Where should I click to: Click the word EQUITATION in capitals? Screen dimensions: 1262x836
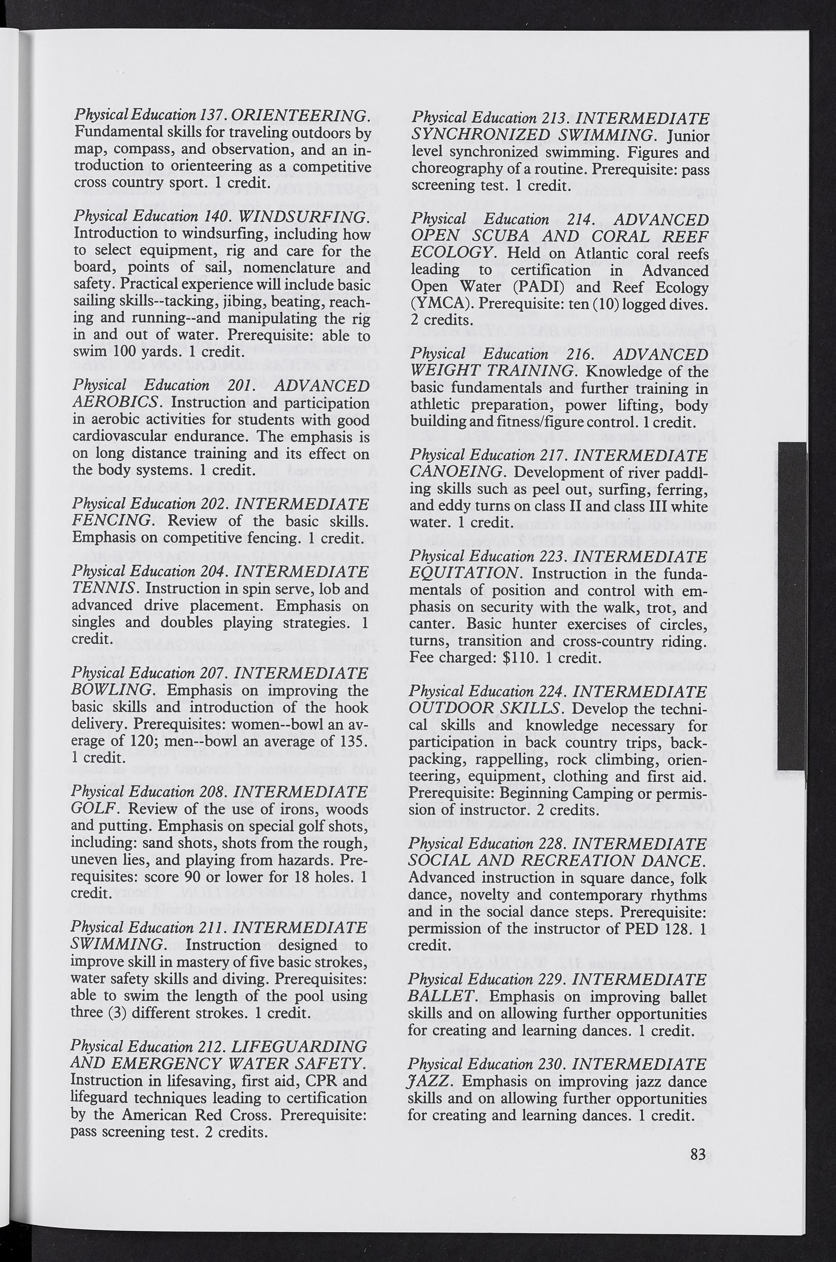point(464,573)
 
